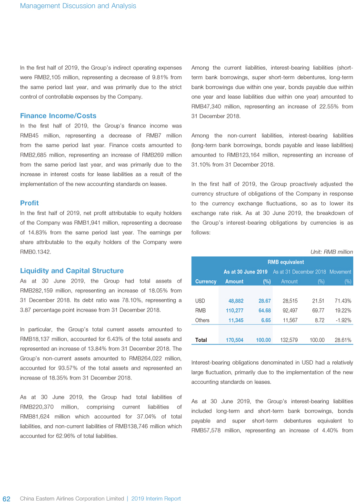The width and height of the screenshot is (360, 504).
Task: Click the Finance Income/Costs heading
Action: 58,116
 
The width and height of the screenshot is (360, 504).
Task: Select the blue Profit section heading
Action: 29,203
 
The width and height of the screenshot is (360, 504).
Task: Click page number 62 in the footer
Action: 7,498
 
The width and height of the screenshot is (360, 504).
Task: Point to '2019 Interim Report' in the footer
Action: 156,499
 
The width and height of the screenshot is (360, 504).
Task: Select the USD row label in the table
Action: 200,301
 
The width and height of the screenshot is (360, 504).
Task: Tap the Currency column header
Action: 206,282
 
